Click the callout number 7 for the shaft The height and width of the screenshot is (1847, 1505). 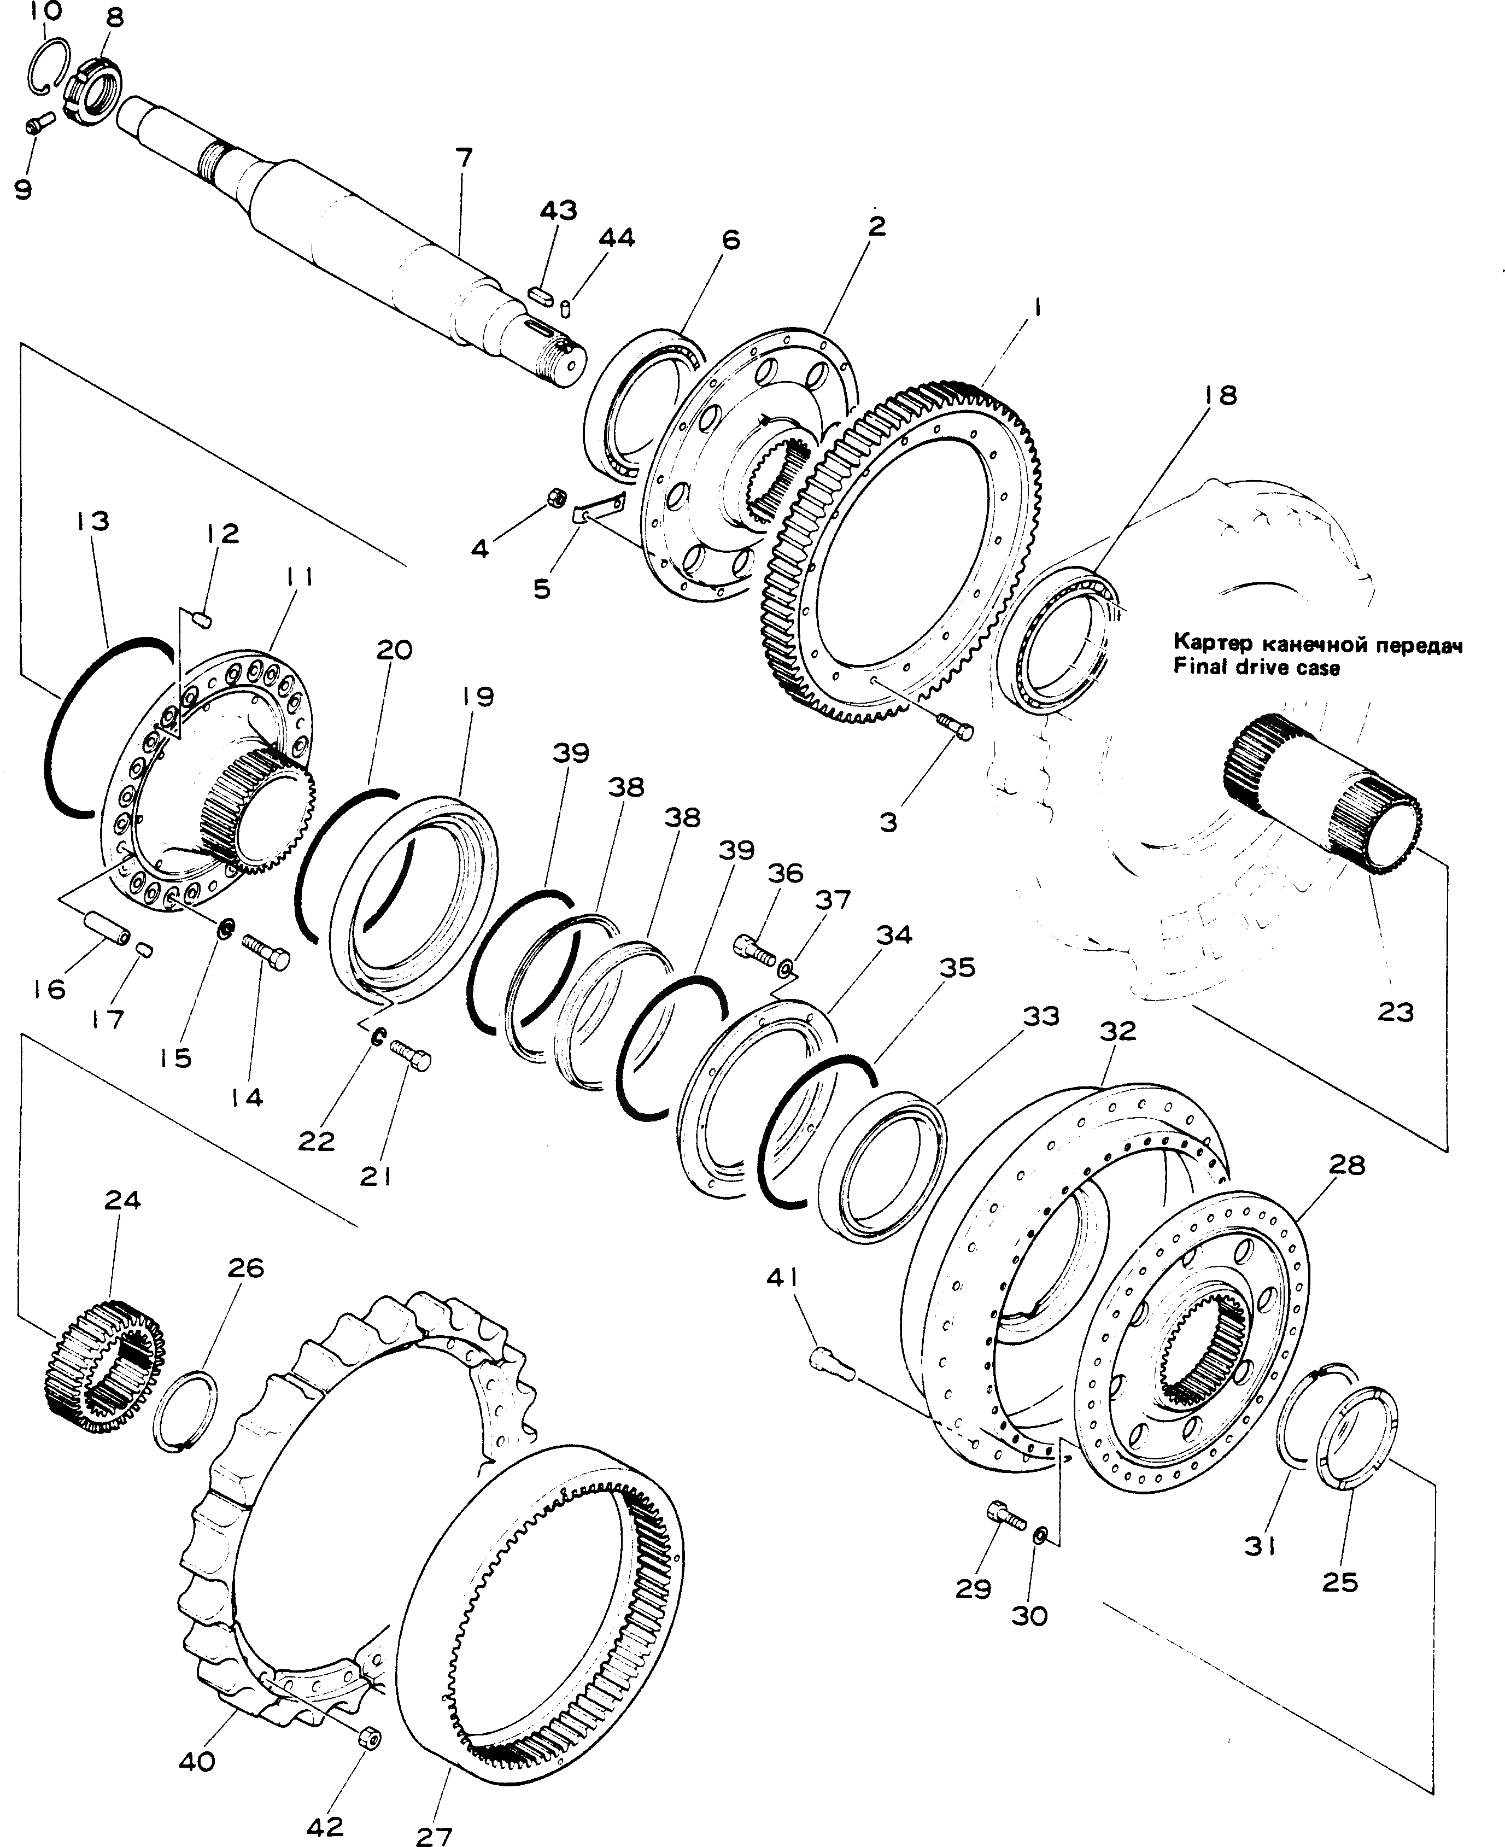[x=465, y=158]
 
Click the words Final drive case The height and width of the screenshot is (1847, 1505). [x=1256, y=668]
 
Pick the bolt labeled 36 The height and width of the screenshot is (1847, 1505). [x=754, y=949]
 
